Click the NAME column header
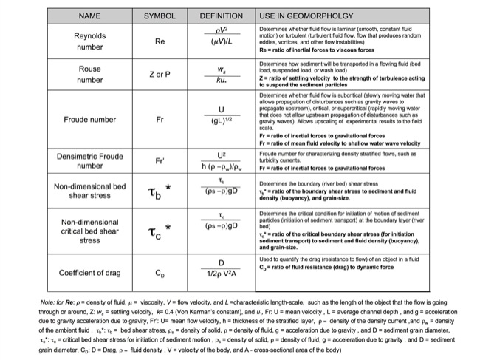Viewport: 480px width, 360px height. pyautogui.click(x=89, y=16)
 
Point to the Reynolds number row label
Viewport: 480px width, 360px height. pyautogui.click(x=89, y=41)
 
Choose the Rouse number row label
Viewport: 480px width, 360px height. pyautogui.click(x=89, y=74)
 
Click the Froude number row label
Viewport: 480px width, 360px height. pyautogui.click(x=89, y=118)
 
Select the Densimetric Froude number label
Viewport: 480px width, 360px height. pyautogui.click(x=89, y=160)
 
